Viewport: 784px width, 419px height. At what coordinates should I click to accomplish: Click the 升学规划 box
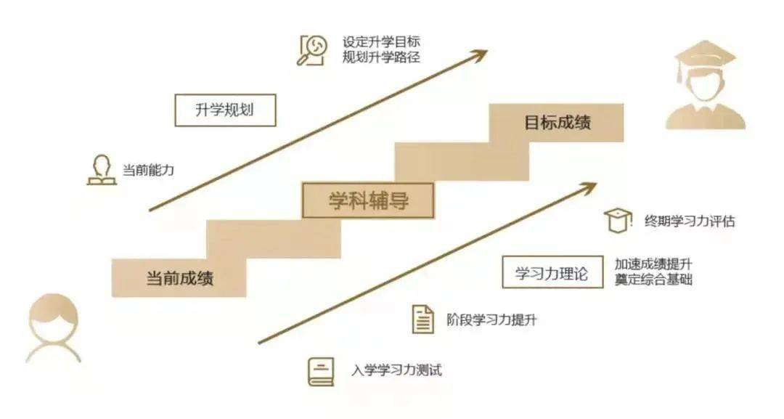coord(225,110)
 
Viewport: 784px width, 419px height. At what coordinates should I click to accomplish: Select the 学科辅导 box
coord(368,200)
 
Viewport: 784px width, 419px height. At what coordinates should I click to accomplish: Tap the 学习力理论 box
coord(552,272)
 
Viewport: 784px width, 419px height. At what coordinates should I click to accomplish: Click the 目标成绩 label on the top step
coord(558,123)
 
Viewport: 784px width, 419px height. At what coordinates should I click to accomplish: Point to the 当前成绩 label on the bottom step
coord(179,278)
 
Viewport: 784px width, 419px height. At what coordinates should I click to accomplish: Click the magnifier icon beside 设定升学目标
coord(312,50)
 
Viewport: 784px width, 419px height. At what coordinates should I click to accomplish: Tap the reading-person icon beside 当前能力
coord(102,170)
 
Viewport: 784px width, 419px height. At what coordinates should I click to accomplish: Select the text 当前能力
coord(149,170)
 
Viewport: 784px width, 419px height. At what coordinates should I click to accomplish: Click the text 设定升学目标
coord(381,41)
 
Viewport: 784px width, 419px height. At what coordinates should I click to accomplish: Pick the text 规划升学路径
coord(381,57)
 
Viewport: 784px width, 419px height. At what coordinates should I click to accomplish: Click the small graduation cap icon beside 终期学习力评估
coord(618,221)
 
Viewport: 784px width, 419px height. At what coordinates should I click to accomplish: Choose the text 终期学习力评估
coord(690,221)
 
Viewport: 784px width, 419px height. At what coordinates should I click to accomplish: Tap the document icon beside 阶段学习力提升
coord(423,319)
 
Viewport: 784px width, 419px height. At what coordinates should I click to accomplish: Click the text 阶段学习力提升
coord(491,320)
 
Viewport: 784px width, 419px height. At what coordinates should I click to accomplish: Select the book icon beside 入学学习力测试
coord(321,372)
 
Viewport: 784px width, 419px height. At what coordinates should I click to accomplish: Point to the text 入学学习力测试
coord(396,370)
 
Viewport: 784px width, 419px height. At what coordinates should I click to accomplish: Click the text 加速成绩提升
coord(653,264)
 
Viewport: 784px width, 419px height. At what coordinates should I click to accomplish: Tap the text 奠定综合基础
coord(653,280)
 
